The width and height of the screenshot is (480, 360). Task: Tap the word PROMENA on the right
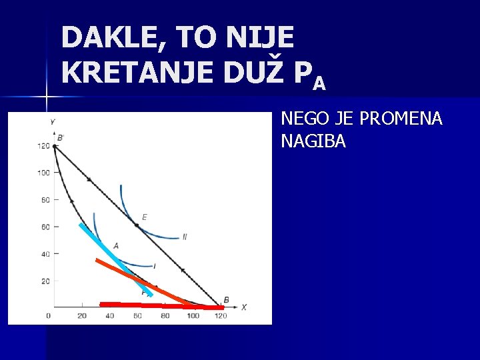tap(401, 119)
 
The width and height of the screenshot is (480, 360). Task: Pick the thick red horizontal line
tap(160, 306)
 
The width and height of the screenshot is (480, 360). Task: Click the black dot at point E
tap(137, 225)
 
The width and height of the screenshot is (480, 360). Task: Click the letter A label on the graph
tap(116, 246)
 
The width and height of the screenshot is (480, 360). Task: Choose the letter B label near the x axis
tap(226, 299)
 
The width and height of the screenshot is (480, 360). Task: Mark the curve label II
tap(185, 237)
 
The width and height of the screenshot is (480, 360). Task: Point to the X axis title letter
tap(244, 307)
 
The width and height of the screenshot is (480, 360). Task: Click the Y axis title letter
tap(52, 121)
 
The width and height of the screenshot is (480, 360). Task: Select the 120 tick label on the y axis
tap(44, 147)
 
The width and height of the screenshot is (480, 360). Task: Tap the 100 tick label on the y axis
tap(44, 173)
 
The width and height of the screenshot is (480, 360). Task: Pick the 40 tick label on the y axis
tap(45, 254)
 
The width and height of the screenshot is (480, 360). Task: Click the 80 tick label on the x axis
tap(165, 315)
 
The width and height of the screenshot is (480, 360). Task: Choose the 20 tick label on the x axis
tap(82, 315)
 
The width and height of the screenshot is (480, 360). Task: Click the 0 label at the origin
tap(48, 315)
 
